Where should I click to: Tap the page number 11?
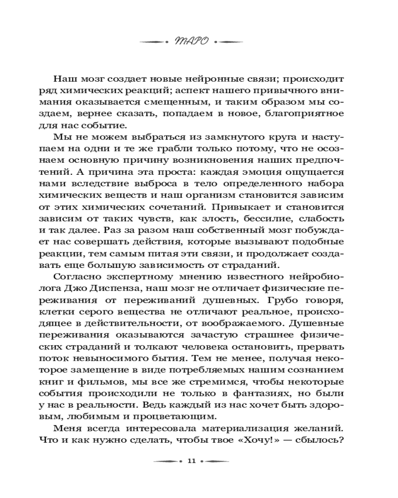[x=191, y=461]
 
